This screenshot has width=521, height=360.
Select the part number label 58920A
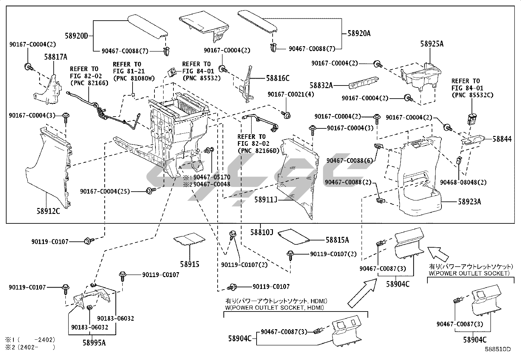[359, 33]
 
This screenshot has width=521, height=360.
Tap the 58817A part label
[56, 57]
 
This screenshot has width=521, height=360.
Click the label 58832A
[321, 85]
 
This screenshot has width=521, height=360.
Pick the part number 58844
[502, 139]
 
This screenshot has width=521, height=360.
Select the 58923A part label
[469, 202]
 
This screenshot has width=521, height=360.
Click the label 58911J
[266, 199]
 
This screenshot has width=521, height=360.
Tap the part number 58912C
[48, 211]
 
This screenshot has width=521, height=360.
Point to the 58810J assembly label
[261, 232]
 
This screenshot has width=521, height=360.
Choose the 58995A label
[94, 343]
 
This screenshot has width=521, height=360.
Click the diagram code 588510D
[497, 349]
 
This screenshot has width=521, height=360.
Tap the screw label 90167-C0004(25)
[105, 191]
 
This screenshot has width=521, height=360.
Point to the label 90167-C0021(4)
[291, 94]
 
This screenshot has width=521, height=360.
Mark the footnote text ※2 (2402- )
[30, 347]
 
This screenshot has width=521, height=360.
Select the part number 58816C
[278, 78]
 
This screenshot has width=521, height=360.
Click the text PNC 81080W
[134, 78]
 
